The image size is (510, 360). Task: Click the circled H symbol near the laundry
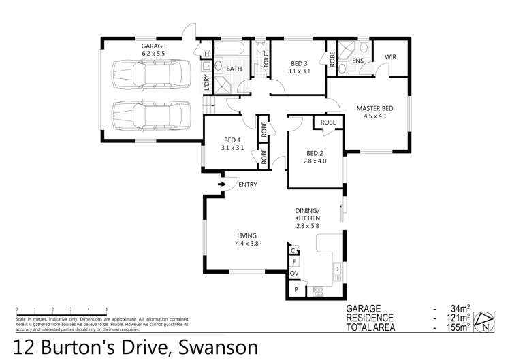(206, 54)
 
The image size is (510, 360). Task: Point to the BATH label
(234, 69)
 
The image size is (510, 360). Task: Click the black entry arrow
(222, 183)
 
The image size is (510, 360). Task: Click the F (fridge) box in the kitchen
(294, 261)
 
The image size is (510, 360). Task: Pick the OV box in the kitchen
(295, 274)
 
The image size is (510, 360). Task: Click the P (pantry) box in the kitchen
(296, 290)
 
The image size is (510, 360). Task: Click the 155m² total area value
(460, 328)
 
